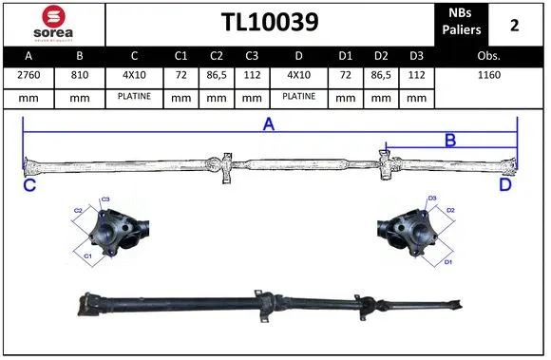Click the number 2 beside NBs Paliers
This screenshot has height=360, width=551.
click(x=514, y=25)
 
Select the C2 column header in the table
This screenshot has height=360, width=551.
click(x=216, y=55)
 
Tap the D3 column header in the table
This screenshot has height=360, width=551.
click(x=414, y=55)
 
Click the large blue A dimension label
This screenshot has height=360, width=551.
click(x=269, y=125)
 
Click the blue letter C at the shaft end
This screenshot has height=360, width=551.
click(x=29, y=186)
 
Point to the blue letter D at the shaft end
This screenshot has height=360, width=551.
click(x=505, y=186)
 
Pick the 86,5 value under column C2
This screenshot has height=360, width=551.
click(x=216, y=75)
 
